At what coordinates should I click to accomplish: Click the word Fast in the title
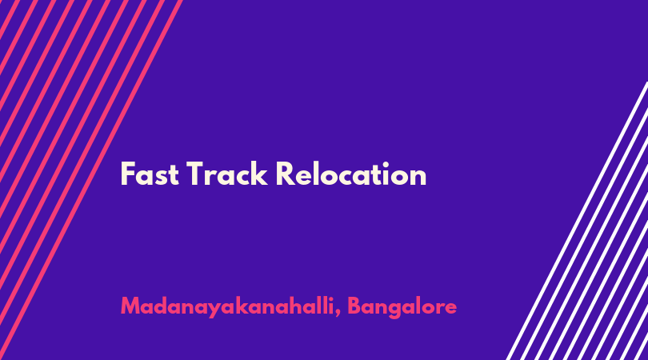point(150,174)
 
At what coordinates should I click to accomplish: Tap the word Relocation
point(351,174)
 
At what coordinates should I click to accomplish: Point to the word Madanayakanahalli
point(227,306)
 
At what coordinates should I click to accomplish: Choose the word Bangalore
point(402,307)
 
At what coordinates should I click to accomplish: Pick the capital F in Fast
point(127,174)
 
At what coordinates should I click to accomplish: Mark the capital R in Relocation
point(286,174)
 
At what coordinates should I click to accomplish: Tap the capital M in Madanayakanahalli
point(131,306)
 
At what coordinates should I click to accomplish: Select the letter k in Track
point(259,174)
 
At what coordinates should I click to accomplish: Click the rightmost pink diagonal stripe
point(90,180)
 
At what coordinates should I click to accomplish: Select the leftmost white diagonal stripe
point(577,221)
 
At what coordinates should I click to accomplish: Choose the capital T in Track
point(197,174)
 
